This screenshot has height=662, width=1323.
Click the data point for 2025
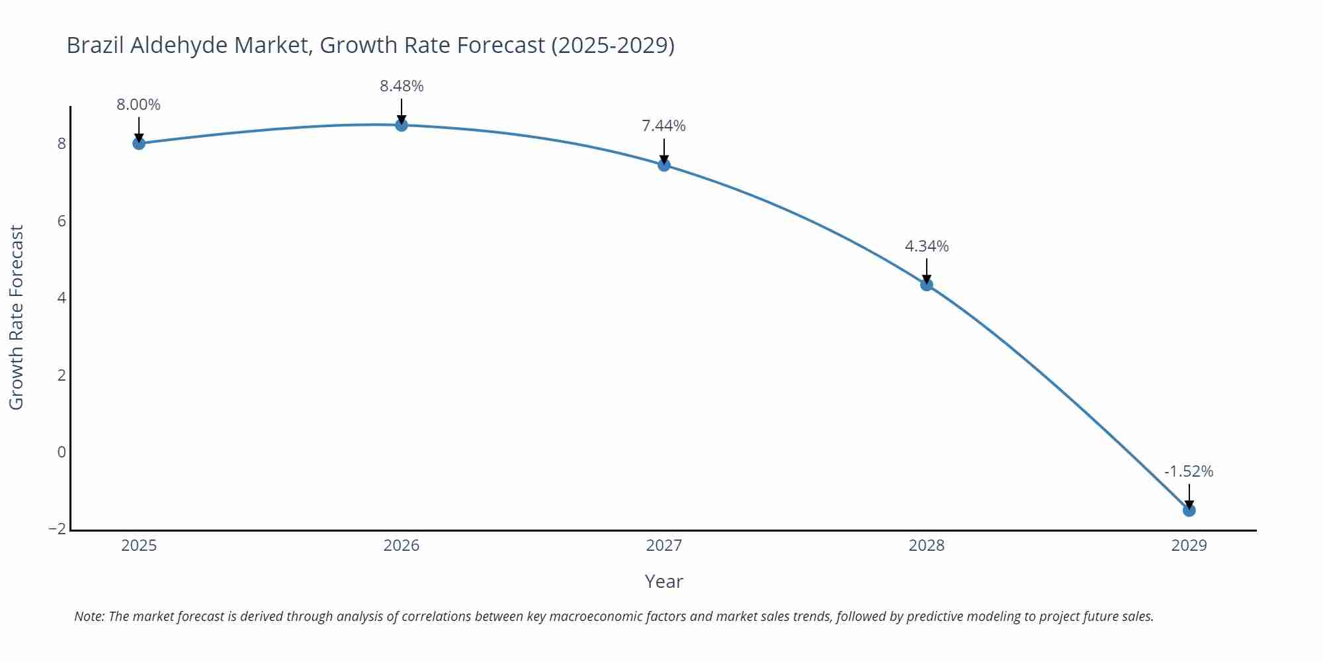click(139, 143)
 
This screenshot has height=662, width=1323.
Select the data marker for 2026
click(402, 124)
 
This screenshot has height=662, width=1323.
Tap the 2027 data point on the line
click(664, 165)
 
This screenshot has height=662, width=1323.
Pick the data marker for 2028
click(927, 285)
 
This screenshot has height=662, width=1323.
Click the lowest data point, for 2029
click(1189, 510)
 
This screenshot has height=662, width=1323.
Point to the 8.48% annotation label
click(402, 86)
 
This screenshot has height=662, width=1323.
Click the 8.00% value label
click(139, 105)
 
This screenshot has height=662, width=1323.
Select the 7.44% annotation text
click(664, 126)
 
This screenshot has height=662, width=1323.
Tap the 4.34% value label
click(927, 246)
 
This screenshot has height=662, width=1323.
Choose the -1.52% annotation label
click(1189, 471)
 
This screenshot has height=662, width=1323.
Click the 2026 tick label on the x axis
click(402, 545)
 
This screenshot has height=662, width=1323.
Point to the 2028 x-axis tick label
click(927, 545)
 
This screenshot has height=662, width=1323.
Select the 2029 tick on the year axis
click(1189, 545)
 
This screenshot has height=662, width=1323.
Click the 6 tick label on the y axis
click(62, 221)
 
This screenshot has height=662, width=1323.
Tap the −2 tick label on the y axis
click(58, 529)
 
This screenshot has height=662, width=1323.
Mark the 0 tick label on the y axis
click(62, 452)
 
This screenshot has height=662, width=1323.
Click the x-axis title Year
click(663, 581)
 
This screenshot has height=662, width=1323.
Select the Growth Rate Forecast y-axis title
click(17, 317)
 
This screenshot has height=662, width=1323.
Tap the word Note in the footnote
click(89, 616)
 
